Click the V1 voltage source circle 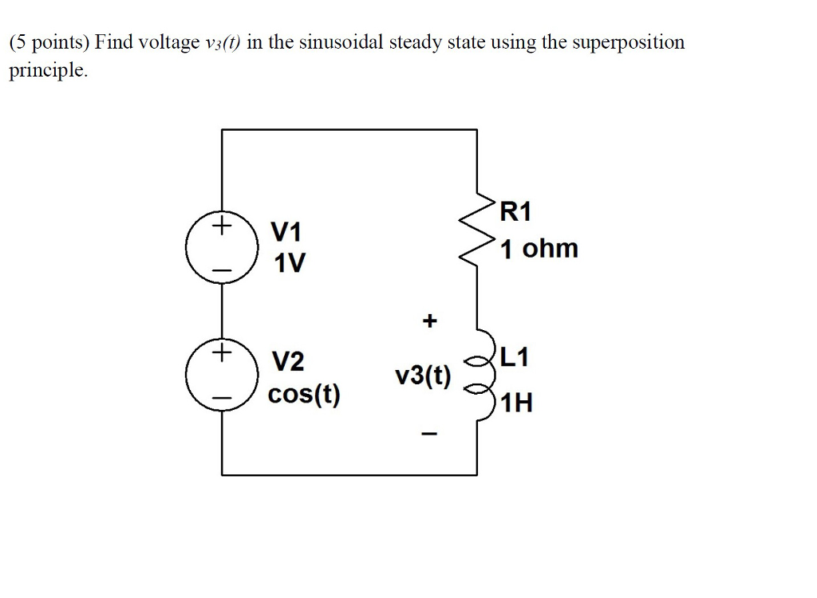pos(221,249)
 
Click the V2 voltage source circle pos(221,374)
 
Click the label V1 pos(287,233)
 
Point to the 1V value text pos(288,263)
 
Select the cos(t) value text pos(304,394)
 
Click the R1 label pos(515,212)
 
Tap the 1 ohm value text pos(539,249)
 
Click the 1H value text pos(517,403)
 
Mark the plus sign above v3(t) pos(430,321)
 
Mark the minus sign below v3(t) pos(429,435)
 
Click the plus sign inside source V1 pos(221,226)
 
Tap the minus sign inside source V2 pos(221,398)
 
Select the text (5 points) pos(49,43)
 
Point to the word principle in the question pos(46,70)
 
